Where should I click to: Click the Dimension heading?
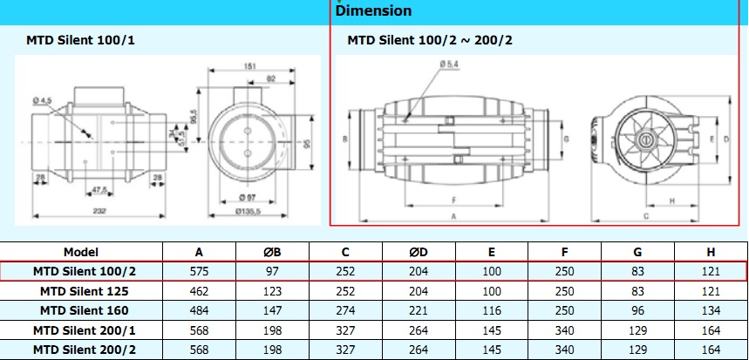point(374,11)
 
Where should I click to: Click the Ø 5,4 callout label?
point(450,64)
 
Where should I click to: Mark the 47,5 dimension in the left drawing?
point(99,189)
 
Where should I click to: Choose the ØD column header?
point(419,251)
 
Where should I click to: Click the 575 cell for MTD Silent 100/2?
point(200,271)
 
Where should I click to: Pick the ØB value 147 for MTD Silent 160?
point(273,310)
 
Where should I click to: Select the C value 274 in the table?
point(346,310)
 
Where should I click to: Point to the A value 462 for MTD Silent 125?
point(200,290)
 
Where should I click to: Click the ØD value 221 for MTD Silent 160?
point(419,310)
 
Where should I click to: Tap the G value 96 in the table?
point(638,310)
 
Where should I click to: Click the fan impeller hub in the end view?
point(647,139)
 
